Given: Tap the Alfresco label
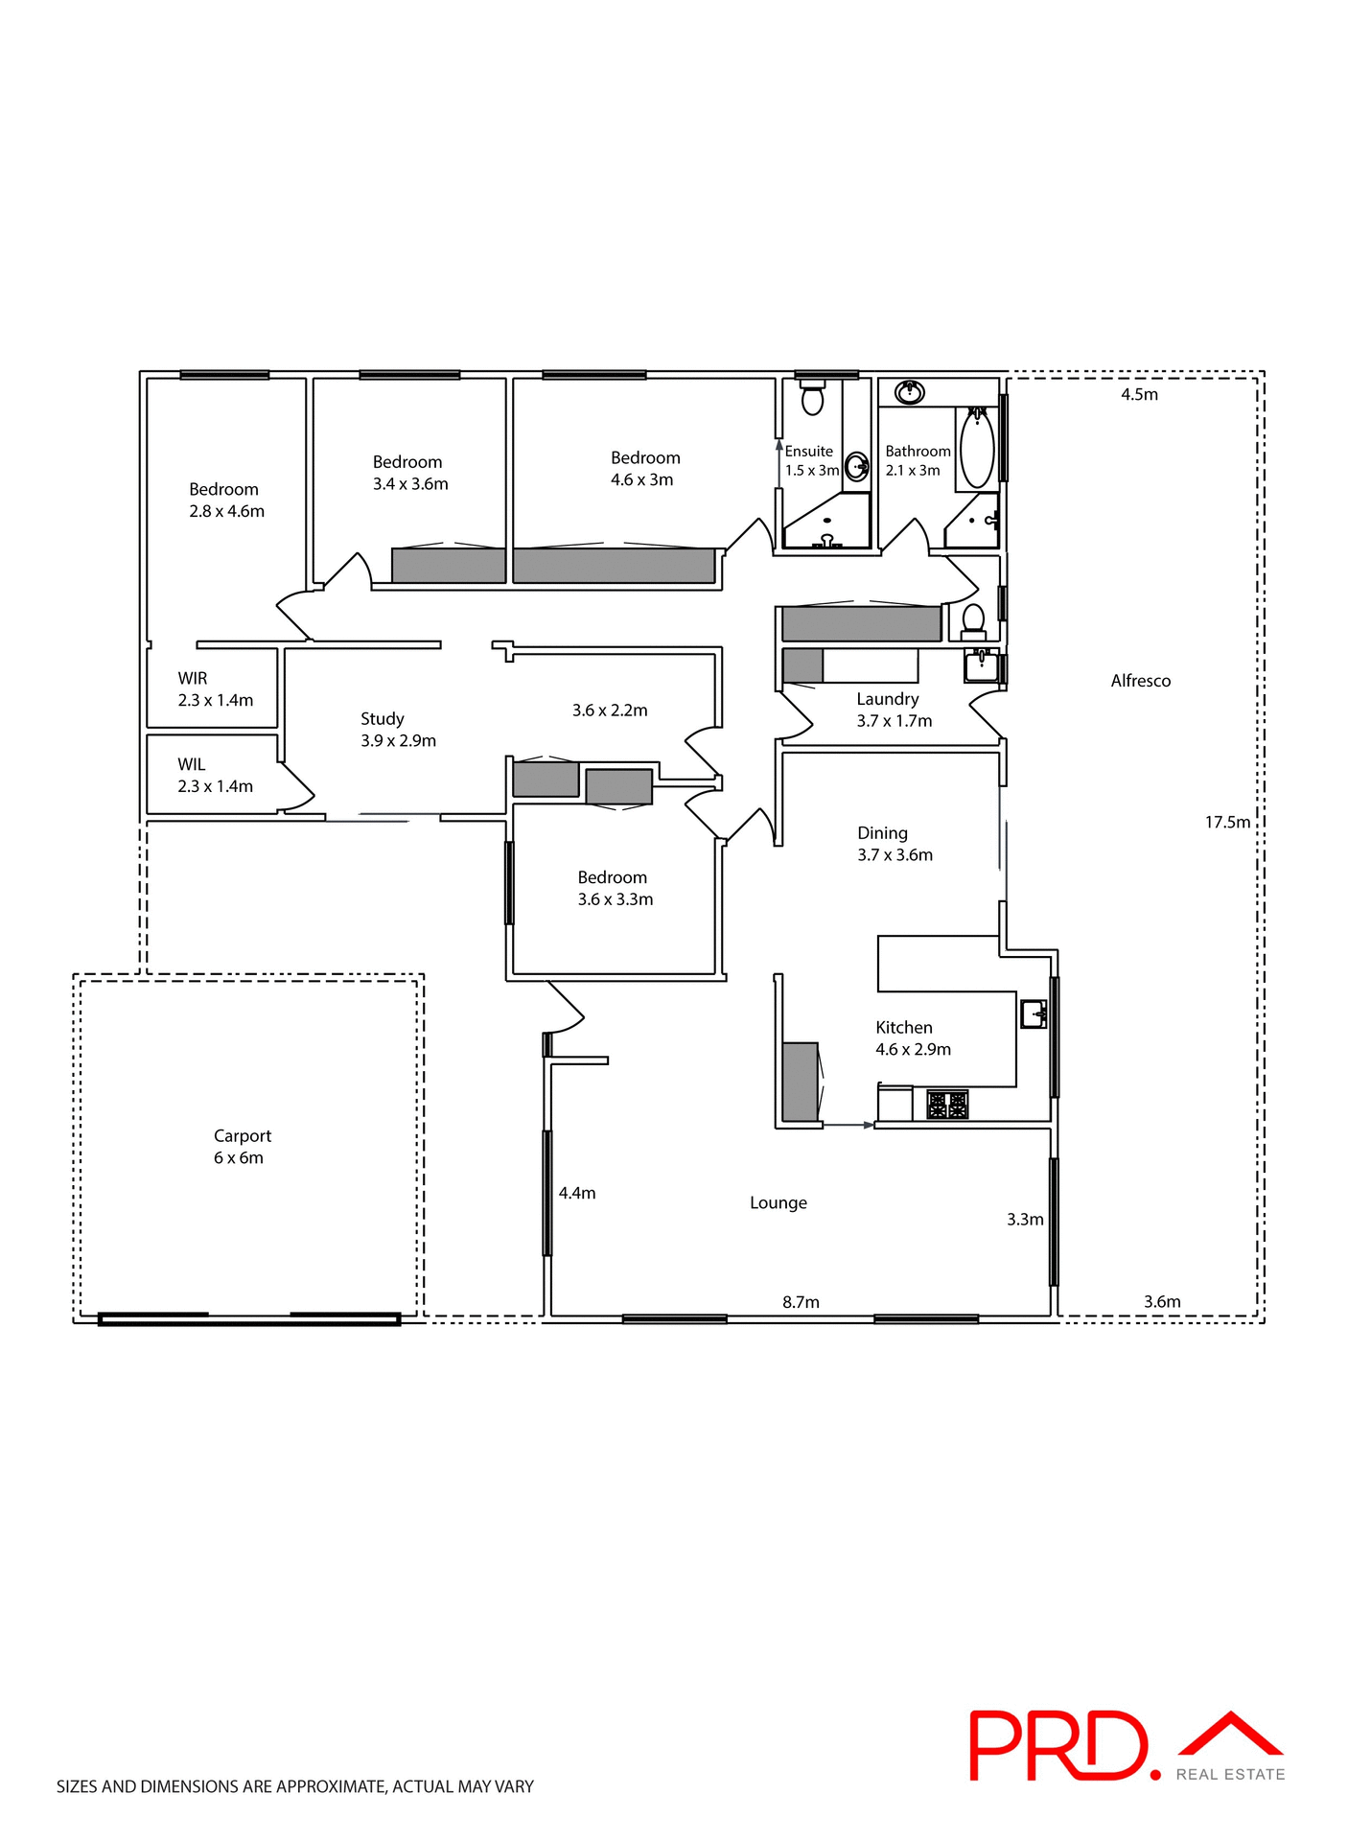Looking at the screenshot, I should [x=1140, y=681].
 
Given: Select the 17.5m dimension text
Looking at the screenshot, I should [x=1227, y=822].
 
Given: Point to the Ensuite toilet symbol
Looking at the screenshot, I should [x=812, y=397].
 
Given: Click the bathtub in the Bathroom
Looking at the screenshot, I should [x=977, y=448].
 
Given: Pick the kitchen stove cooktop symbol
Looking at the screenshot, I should [x=947, y=1105].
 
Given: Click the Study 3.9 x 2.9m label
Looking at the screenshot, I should [x=397, y=730].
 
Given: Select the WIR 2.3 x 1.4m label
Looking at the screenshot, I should [x=215, y=689].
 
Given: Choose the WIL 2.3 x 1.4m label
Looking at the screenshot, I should [x=215, y=776].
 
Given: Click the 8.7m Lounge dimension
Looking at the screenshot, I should [x=801, y=1301].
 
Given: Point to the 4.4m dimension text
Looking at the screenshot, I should [x=577, y=1193].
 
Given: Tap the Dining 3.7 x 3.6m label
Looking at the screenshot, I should [x=894, y=844].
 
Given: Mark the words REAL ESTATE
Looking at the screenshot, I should [x=1230, y=1775].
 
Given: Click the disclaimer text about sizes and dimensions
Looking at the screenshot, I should [x=295, y=1786].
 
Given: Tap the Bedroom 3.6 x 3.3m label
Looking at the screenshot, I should [x=614, y=888].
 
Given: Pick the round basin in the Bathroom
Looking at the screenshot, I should [x=908, y=392].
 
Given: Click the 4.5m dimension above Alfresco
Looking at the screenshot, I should [x=1139, y=394].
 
